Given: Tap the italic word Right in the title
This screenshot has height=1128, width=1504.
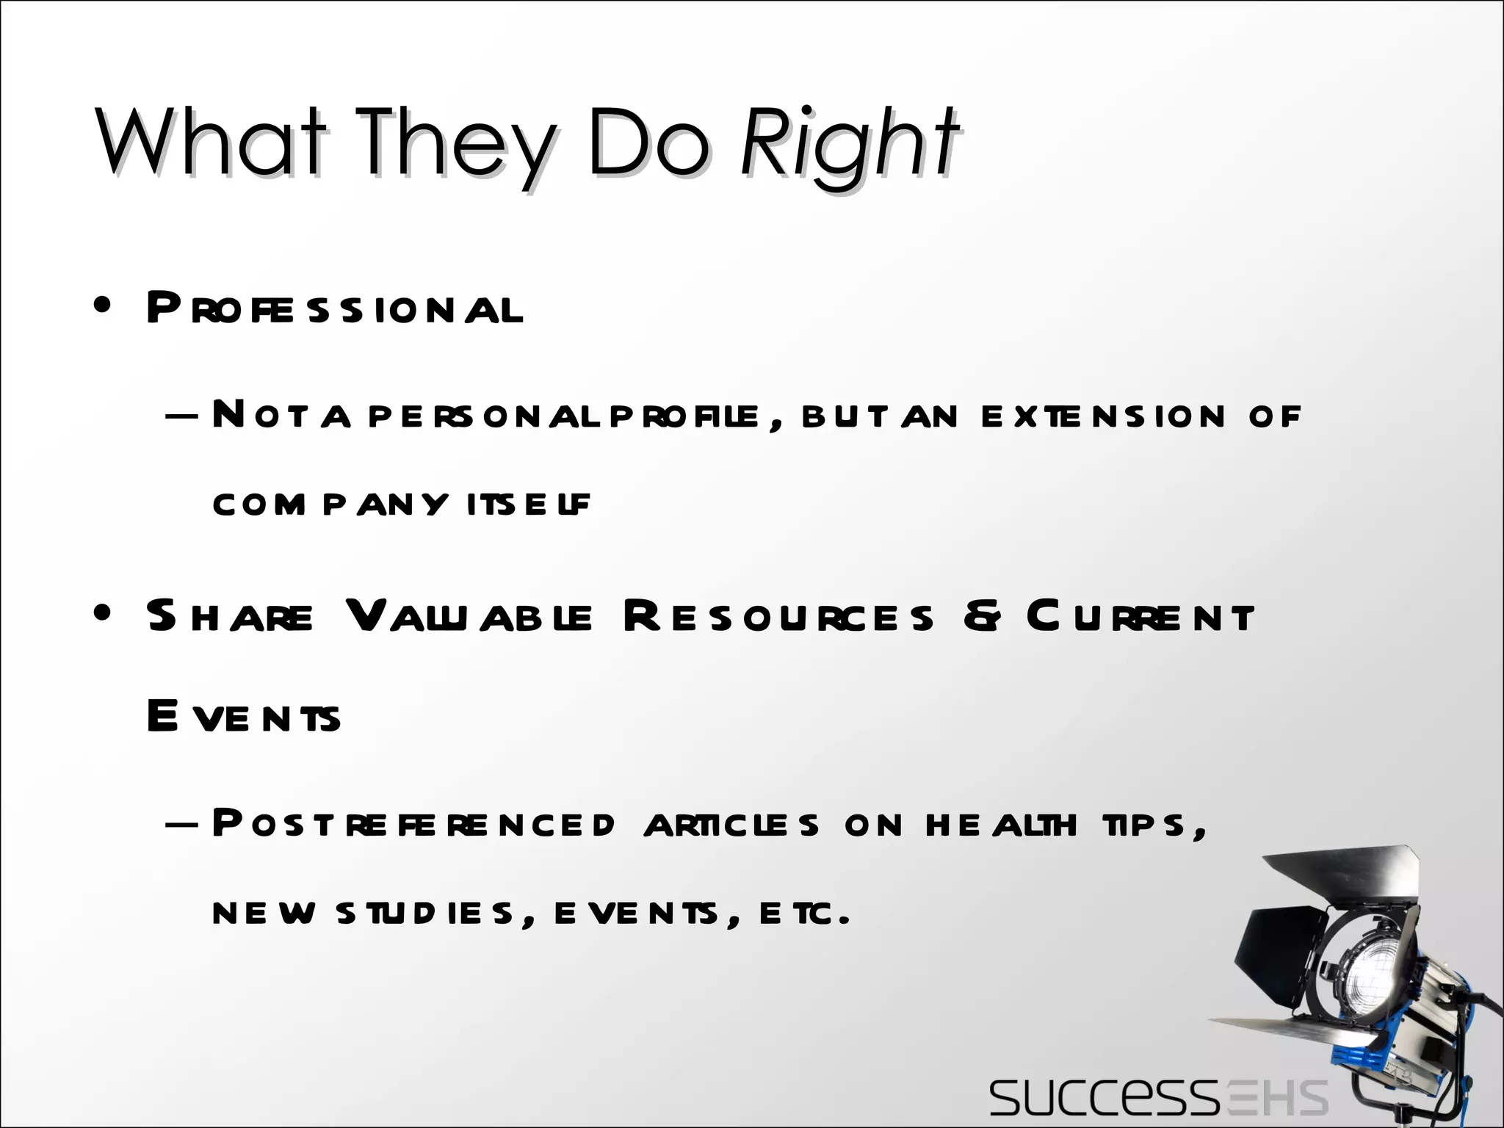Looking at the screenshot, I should click(848, 145).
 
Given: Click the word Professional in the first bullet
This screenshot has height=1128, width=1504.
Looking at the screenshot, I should click(334, 308).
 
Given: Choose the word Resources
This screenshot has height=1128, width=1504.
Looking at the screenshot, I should click(778, 617).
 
